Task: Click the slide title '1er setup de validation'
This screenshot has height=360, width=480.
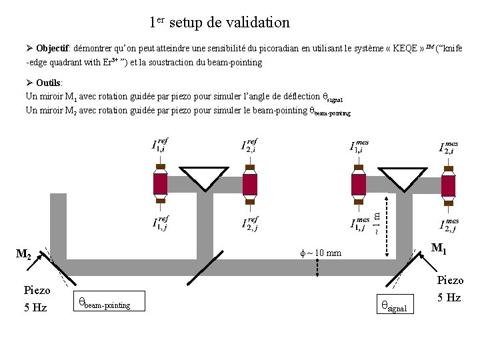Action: (219, 22)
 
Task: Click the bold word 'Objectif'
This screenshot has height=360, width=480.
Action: (55, 49)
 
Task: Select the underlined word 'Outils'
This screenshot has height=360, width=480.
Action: (49, 83)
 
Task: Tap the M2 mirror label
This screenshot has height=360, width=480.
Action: (24, 254)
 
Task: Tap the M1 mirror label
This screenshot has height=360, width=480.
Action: (439, 249)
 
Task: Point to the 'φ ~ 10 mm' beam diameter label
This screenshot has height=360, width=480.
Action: (321, 253)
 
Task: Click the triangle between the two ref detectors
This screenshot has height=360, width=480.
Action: (205, 177)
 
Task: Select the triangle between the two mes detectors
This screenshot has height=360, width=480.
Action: (403, 177)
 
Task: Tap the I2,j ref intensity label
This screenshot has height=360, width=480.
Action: (250, 225)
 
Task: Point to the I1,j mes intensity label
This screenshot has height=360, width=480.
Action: (360, 225)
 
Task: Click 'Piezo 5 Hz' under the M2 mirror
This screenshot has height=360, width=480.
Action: (37, 299)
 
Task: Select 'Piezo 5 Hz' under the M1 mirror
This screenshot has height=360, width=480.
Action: (449, 289)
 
